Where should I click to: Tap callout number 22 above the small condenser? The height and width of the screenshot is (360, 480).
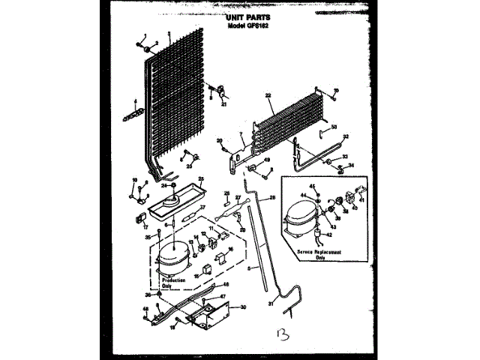tap(268, 95)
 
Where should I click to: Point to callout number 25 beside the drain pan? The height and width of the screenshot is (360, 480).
tap(200, 179)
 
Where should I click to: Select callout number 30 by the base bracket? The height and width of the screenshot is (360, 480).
tap(241, 307)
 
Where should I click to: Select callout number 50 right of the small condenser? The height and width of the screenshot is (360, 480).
tap(334, 127)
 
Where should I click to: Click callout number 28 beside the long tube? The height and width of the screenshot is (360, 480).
tap(272, 196)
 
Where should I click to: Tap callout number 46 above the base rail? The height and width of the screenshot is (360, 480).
tap(226, 285)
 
